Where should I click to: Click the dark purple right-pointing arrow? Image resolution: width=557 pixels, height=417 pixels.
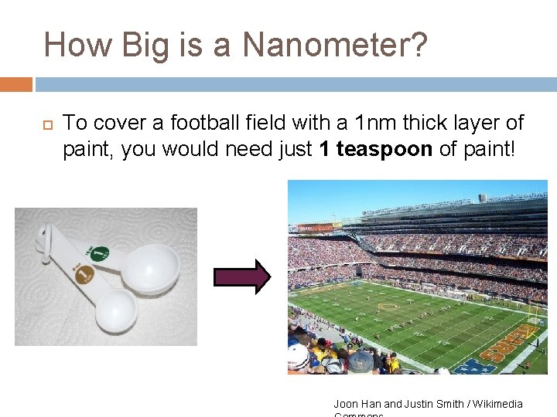click(241, 276)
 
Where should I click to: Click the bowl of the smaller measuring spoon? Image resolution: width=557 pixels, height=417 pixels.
click(115, 310)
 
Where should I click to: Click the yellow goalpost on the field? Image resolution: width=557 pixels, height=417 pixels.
click(533, 312)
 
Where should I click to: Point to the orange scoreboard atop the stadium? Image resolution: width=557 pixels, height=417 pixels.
click(316, 228)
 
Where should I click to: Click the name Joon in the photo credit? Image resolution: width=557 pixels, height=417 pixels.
click(346, 404)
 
